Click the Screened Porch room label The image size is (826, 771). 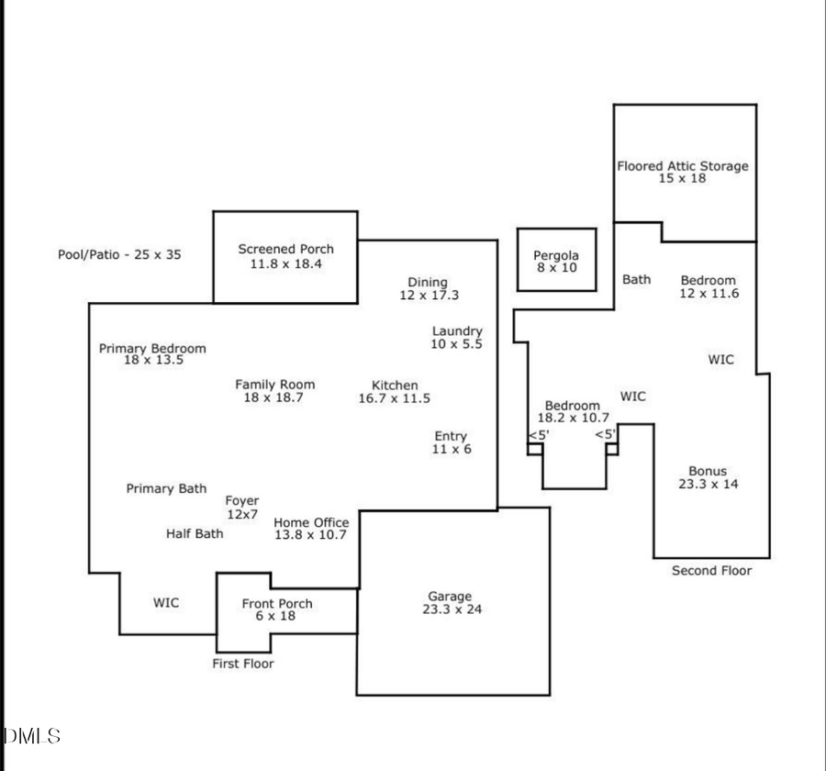pyautogui.click(x=285, y=249)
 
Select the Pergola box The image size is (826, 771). pyautogui.click(x=556, y=261)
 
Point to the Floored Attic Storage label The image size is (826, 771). pyautogui.click(x=682, y=166)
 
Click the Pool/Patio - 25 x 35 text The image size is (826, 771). pyautogui.click(x=119, y=254)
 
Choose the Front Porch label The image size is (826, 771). pyautogui.click(x=277, y=603)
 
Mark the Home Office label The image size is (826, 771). pyautogui.click(x=311, y=522)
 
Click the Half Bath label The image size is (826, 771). pyautogui.click(x=195, y=533)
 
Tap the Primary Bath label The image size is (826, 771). pyautogui.click(x=166, y=489)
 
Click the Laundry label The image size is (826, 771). pyautogui.click(x=457, y=331)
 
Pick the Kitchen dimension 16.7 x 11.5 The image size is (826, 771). pyautogui.click(x=394, y=398)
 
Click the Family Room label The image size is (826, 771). pyautogui.click(x=274, y=385)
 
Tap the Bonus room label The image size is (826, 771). pyautogui.click(x=708, y=471)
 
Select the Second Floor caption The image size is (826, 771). pyautogui.click(x=711, y=571)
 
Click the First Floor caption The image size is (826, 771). pyautogui.click(x=243, y=663)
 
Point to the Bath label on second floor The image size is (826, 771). pyautogui.click(x=637, y=279)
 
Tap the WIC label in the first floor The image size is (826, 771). pyautogui.click(x=166, y=603)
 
